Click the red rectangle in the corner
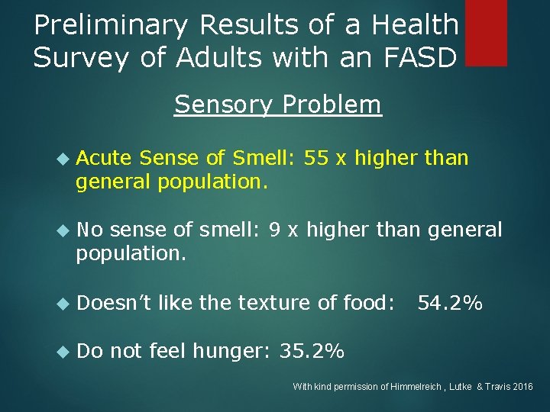click(486, 32)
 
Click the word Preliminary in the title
click(112, 26)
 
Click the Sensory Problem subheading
click(278, 105)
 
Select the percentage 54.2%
click(449, 303)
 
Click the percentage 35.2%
click(312, 351)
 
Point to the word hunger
click(228, 352)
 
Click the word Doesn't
click(115, 303)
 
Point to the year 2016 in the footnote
click(522, 387)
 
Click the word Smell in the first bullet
click(261, 158)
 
